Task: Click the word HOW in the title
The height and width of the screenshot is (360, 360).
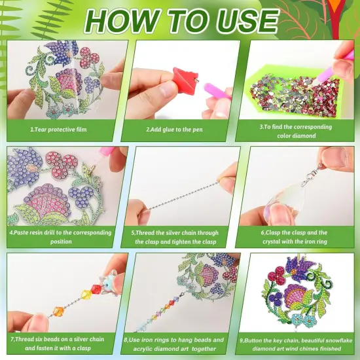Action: tap(122, 21)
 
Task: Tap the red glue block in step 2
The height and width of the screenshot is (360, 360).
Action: tap(185, 79)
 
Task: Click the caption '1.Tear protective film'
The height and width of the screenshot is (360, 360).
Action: tap(58, 130)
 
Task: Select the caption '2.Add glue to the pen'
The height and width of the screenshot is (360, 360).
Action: tap(175, 130)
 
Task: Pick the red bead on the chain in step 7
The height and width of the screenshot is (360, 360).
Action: tap(97, 289)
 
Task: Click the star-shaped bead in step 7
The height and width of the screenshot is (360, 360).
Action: tap(109, 283)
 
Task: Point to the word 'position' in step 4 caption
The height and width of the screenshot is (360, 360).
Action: tap(61, 242)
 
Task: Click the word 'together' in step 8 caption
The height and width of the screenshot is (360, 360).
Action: tap(204, 349)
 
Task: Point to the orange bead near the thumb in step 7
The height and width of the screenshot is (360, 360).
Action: tap(58, 310)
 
